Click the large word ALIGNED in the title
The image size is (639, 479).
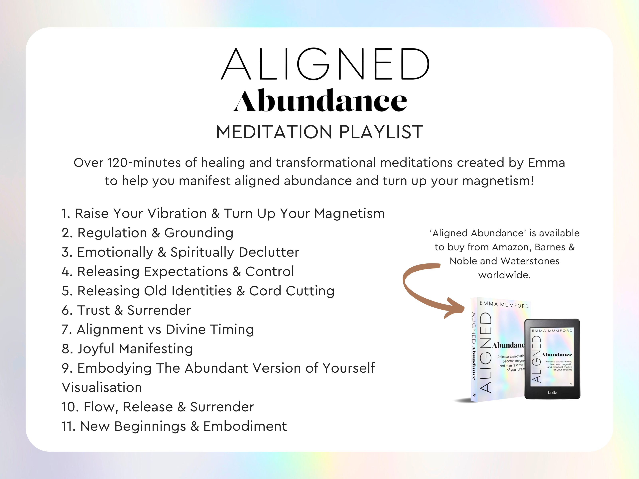[x=325, y=64]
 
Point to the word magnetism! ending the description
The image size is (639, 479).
[x=498, y=181]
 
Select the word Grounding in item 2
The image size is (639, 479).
[x=199, y=233]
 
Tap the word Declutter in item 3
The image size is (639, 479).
[x=269, y=252]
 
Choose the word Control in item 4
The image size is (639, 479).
[x=270, y=271]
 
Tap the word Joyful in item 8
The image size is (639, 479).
[x=96, y=349]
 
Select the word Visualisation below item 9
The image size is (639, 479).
[x=102, y=387]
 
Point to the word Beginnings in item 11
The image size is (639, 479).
[x=150, y=427]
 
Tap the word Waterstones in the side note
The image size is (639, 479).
[x=530, y=261]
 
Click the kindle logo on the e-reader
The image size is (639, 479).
[x=552, y=393]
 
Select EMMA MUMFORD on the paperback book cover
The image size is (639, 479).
[x=504, y=305]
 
